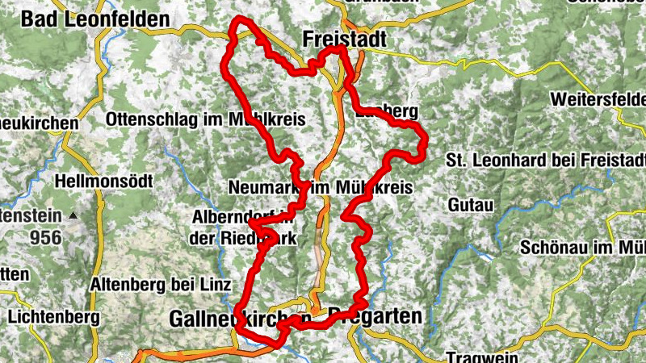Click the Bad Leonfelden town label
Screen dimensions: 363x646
tap(95, 19)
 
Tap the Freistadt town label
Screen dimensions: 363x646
tap(345, 39)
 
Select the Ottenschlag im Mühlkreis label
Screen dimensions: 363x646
tap(205, 119)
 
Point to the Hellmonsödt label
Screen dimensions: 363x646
tap(104, 182)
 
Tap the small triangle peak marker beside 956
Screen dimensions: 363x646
tap(73, 215)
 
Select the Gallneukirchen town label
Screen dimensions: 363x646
tap(241, 319)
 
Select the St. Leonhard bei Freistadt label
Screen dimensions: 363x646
tap(546, 160)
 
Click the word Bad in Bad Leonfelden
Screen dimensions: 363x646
tap(40, 19)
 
